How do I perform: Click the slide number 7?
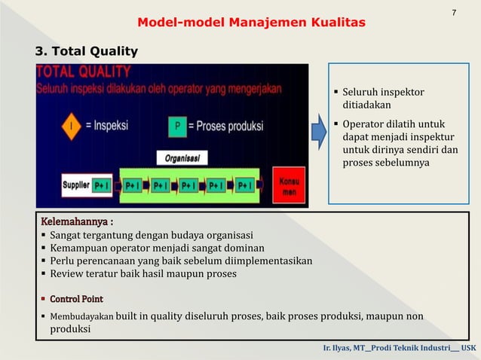pos(454,13)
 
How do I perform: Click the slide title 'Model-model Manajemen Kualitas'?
pos(251,23)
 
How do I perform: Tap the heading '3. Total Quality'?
pos(87,51)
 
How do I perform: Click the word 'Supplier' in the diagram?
pos(75,185)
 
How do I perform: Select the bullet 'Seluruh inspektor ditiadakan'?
pos(383,99)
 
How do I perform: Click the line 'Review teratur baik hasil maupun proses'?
pos(142,273)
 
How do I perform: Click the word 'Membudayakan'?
pos(81,316)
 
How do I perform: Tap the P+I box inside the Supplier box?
pos(102,185)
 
